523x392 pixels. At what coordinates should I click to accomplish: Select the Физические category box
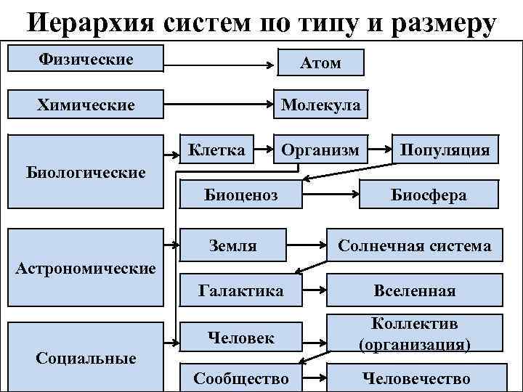[86, 59]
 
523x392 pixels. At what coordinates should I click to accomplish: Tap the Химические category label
[86, 105]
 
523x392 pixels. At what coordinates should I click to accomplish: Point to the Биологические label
[86, 173]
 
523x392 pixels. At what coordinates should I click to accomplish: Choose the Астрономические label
[86, 269]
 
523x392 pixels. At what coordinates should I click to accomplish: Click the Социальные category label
[86, 358]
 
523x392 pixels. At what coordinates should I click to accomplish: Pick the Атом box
[320, 63]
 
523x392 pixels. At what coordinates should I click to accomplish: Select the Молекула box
[320, 105]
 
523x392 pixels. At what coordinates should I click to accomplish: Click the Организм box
[320, 150]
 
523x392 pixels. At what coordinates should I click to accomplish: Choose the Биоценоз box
[240, 195]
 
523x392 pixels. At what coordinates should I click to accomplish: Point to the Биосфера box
[429, 195]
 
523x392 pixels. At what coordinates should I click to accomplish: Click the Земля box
[232, 245]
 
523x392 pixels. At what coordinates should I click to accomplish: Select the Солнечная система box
[414, 245]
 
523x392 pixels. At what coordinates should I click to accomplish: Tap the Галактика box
[240, 290]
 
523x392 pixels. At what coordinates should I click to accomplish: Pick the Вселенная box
[414, 290]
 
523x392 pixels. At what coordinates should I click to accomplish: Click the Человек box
[240, 337]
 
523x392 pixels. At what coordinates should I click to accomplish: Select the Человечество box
[415, 378]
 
